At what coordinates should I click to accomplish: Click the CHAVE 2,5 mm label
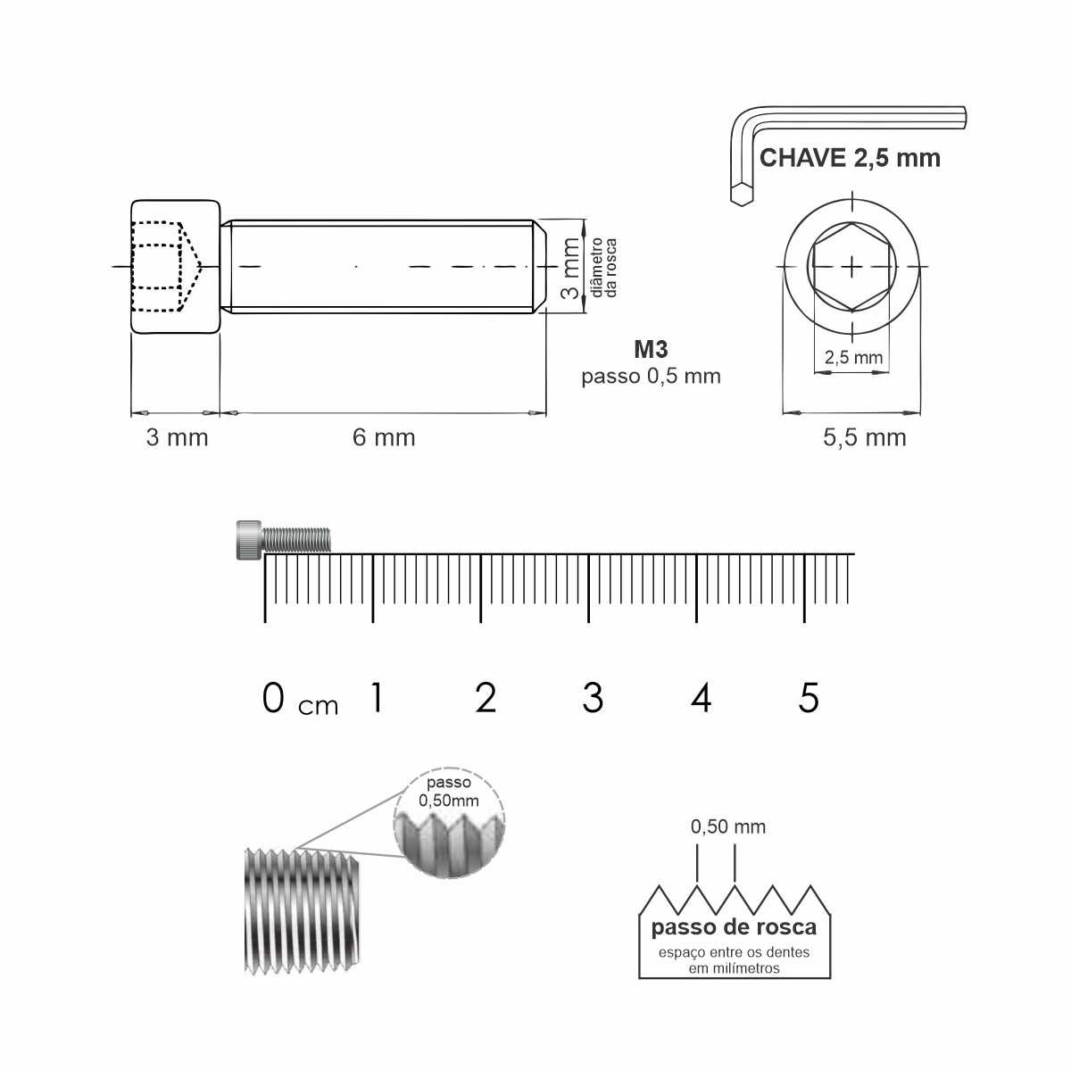click(x=850, y=158)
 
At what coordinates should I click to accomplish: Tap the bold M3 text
click(x=651, y=349)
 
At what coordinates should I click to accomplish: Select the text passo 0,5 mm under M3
click(x=651, y=377)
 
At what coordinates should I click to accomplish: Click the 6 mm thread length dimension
click(x=384, y=437)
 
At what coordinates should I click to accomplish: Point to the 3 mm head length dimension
click(x=177, y=437)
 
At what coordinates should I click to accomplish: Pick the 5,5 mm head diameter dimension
click(x=864, y=438)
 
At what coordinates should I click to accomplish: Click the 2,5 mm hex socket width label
click(x=853, y=357)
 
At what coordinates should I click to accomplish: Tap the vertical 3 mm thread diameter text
click(x=570, y=268)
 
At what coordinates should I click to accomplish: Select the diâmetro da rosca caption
click(x=603, y=268)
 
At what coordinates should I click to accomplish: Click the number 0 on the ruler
click(x=273, y=698)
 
